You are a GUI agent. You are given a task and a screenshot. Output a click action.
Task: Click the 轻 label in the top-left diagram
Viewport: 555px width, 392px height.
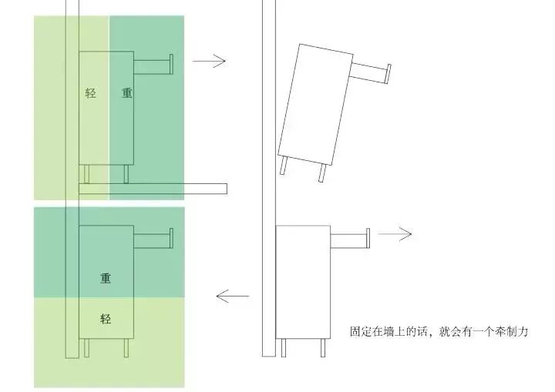[91, 93]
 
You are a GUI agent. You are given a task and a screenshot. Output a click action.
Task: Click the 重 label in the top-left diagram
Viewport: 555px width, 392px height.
[127, 93]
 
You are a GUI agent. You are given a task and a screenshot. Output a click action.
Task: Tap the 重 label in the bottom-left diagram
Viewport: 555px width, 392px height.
[106, 278]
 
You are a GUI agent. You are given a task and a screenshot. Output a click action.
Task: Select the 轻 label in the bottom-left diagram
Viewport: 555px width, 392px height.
[106, 318]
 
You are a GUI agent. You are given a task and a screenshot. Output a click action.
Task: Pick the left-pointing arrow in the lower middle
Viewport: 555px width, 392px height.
[232, 295]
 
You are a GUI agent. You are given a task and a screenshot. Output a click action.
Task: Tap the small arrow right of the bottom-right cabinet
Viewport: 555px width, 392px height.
[399, 234]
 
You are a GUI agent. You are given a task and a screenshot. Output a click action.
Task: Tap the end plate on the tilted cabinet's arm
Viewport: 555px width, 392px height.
[386, 74]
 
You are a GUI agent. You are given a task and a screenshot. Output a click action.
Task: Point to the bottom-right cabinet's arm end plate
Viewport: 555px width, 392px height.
[368, 239]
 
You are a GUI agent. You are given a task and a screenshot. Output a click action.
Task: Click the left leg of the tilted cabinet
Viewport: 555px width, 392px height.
[285, 167]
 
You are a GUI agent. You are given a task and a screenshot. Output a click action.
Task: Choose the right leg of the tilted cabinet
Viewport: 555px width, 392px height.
[321, 173]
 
